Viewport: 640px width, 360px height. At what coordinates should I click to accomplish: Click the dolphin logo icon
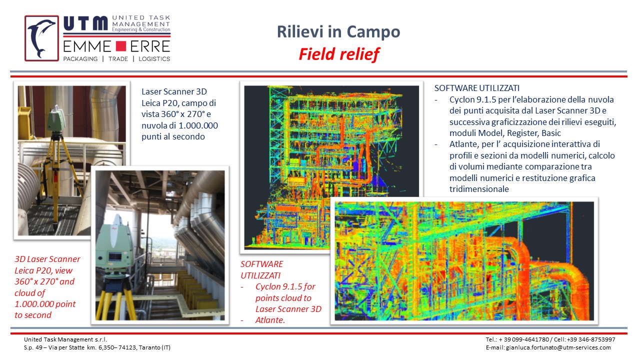coord(41,38)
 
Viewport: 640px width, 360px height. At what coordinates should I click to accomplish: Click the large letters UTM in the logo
coord(85,23)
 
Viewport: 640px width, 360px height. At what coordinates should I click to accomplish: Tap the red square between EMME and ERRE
coord(121,46)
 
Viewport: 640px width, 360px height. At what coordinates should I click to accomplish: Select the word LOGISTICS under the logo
coord(154,59)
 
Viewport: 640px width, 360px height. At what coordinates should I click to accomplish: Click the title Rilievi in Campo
coord(338,31)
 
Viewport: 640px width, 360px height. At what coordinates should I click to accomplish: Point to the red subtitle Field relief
coord(339,54)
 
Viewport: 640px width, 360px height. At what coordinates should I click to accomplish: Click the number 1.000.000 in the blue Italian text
coord(198,125)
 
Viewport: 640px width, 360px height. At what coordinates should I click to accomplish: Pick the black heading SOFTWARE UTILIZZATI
coord(477,88)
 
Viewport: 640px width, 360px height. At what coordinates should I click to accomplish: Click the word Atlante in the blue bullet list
coord(464,144)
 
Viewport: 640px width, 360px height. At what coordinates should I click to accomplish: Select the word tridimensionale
coord(479,189)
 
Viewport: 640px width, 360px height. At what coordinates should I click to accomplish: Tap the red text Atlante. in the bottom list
coord(270,320)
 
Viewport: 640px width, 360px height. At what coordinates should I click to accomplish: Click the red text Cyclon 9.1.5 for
coord(285,286)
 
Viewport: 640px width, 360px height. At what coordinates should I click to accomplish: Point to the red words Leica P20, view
coord(43,270)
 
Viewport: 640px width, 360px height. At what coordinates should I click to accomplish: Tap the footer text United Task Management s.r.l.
coord(65,339)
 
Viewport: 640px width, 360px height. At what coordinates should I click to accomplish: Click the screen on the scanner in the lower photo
coord(115,257)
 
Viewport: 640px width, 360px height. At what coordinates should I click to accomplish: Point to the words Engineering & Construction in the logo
coord(141,29)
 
